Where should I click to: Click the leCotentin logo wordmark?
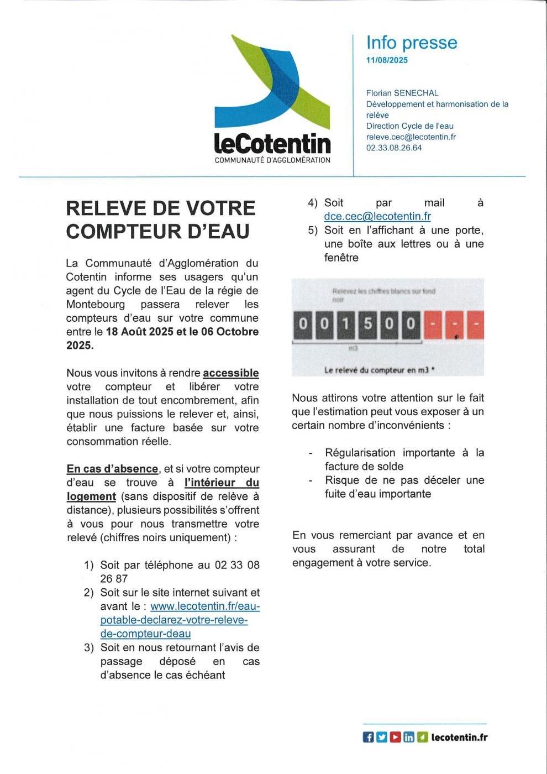click(272, 143)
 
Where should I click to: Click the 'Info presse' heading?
click(412, 43)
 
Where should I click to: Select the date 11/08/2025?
click(387, 60)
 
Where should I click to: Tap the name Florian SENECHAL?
click(402, 93)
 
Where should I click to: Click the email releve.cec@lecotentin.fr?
click(411, 137)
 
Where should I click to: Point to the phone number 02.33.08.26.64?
click(393, 148)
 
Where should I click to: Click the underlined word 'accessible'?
click(231, 373)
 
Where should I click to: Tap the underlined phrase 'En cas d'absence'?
click(112, 469)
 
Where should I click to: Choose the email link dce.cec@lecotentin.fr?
click(377, 217)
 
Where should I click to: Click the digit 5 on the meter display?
click(367, 323)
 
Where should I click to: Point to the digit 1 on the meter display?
click(346, 323)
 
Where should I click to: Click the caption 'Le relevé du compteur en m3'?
click(379, 370)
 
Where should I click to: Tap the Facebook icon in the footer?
click(368, 737)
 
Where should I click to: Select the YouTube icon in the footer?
click(395, 737)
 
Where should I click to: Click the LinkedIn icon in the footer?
click(409, 737)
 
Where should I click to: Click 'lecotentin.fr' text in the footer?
click(459, 737)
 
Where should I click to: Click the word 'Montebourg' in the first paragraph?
click(96, 305)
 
